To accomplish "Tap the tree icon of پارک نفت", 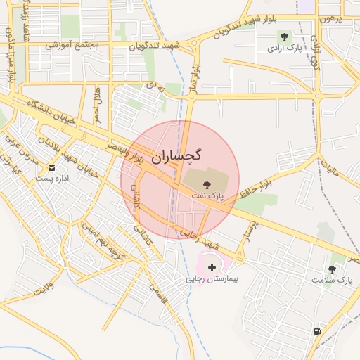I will tap(206, 183).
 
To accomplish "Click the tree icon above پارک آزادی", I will tap(284, 37).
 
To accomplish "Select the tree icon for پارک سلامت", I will tap(332, 269).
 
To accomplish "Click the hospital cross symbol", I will tap(212, 267).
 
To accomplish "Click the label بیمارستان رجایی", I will tap(212, 279).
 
